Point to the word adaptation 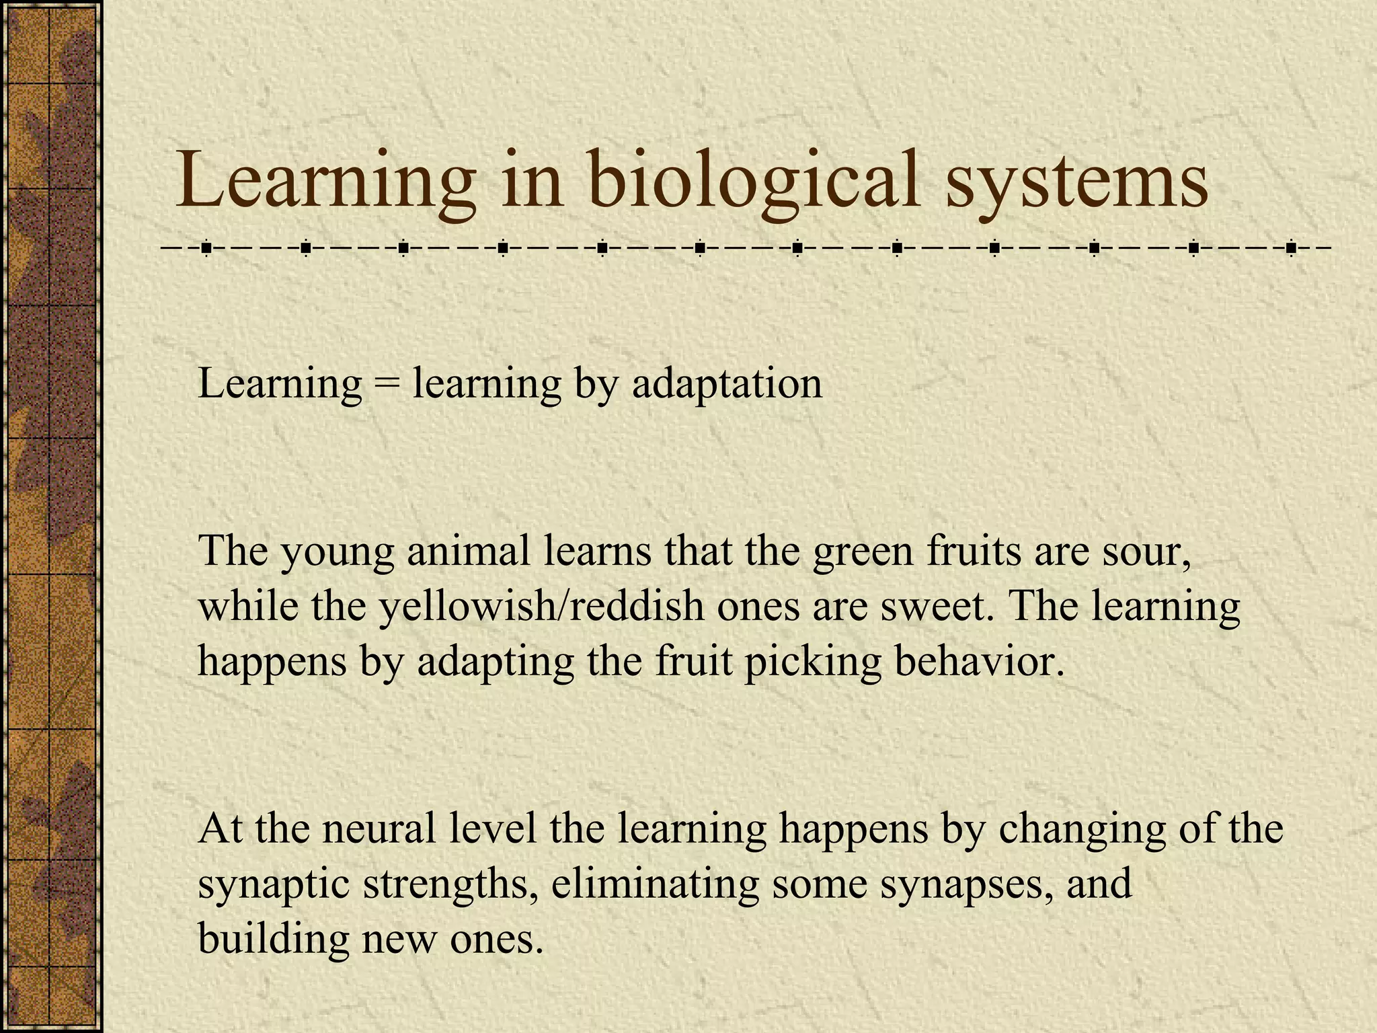(x=727, y=385)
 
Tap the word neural (x=379, y=829)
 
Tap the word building (x=273, y=940)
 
